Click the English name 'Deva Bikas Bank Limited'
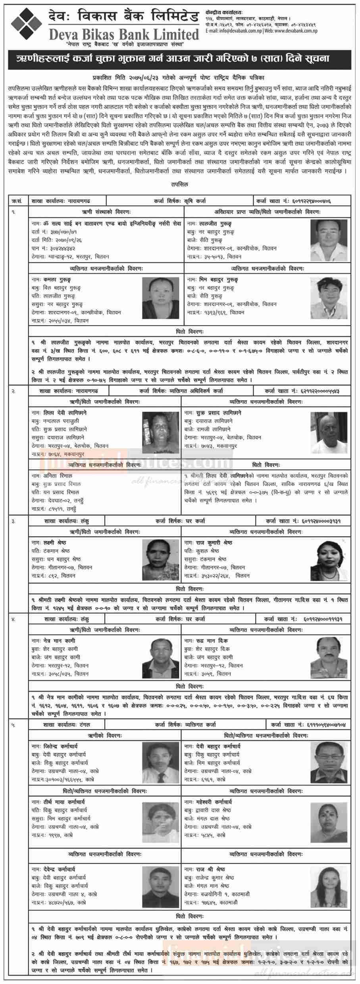[123, 35]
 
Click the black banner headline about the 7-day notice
[179, 60]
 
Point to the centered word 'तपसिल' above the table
[180, 184]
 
